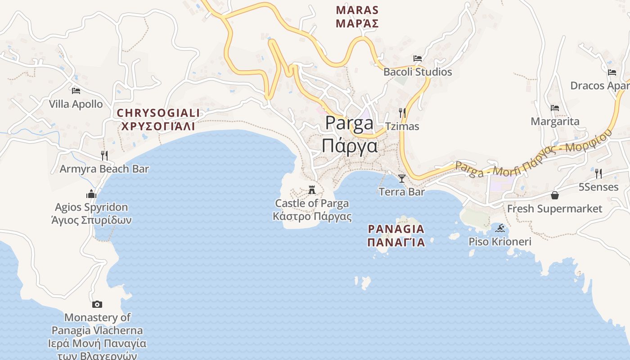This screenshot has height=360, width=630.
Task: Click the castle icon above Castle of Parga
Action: pos(312,190)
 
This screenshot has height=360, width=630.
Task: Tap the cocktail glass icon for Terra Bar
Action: pos(402,179)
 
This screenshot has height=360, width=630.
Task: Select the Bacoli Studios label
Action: pos(418,72)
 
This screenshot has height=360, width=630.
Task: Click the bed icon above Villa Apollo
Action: pos(76,91)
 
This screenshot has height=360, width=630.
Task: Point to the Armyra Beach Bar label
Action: pos(104,169)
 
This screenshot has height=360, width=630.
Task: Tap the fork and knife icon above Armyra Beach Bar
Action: pos(104,156)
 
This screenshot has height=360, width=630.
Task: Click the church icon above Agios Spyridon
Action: pos(91,194)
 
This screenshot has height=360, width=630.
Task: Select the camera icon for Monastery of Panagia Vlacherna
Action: pos(97,305)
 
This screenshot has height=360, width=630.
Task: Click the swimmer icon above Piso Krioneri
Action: pos(499,229)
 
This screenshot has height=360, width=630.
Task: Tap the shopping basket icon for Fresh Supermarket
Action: pos(555,195)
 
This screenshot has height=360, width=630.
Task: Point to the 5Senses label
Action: pos(598,187)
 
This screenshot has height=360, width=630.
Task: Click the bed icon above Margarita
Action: pos(555,108)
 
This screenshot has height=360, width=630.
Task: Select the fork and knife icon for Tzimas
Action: pos(402,113)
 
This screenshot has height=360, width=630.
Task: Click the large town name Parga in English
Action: pos(349,123)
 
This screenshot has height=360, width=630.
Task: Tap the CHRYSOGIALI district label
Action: pos(158,113)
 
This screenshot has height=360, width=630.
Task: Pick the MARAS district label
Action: pos(357,10)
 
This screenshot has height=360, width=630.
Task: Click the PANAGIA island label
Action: pos(396,229)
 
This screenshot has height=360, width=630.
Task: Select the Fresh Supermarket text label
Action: pos(554,209)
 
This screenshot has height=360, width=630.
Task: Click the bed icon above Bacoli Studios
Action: pos(418,58)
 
